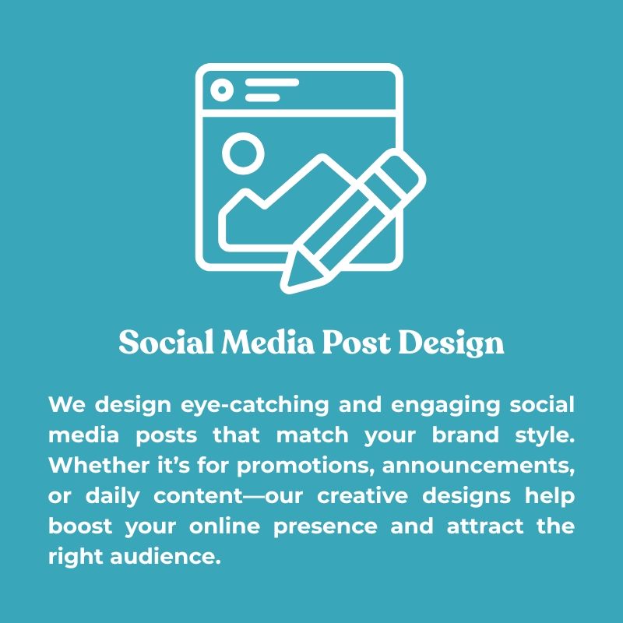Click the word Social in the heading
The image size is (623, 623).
click(x=166, y=342)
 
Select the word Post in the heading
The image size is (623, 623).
click(x=357, y=342)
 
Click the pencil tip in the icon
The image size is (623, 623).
click(x=286, y=288)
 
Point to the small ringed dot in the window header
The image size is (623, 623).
click(x=222, y=90)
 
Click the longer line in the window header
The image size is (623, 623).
click(x=272, y=83)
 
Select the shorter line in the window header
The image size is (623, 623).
click(x=262, y=97)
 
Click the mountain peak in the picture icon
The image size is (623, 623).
click(x=322, y=157)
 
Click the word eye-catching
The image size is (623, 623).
click(x=255, y=405)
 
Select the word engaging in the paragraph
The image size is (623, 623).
click(x=445, y=406)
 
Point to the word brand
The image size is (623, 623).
click(x=465, y=435)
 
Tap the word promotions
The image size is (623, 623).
click(x=306, y=466)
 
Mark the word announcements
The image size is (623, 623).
click(x=479, y=466)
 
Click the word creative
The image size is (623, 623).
click(x=362, y=496)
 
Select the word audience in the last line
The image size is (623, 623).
click(x=165, y=556)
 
